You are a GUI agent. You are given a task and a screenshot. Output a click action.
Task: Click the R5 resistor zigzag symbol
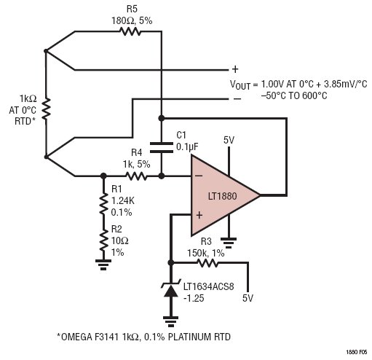130,31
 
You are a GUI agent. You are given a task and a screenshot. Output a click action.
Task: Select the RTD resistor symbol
46,109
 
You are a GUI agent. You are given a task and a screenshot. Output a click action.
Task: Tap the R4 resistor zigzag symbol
136,176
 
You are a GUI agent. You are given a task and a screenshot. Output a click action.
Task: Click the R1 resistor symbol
103,203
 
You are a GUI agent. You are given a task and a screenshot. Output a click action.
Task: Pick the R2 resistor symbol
103,240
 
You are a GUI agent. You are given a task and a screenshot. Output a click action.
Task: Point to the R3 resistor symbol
207,262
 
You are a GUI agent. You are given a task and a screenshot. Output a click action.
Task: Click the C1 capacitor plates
162,147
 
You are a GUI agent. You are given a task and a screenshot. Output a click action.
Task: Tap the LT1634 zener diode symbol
171,289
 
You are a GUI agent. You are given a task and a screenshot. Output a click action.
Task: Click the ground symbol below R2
103,265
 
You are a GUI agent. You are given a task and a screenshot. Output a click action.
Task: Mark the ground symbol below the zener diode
171,321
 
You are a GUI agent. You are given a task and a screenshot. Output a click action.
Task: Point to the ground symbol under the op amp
229,243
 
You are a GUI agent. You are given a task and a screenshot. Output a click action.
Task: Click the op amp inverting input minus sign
199,176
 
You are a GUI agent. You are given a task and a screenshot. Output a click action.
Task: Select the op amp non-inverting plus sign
199,215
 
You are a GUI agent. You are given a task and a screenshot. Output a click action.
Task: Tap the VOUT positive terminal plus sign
235,69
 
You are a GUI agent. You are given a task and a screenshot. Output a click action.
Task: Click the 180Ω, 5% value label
132,21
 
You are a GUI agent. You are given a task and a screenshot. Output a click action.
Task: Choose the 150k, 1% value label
205,254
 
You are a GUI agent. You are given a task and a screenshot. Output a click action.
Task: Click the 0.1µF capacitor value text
187,146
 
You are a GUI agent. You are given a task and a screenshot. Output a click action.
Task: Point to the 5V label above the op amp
229,140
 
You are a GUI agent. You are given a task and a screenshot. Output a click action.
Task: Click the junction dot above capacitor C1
162,118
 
